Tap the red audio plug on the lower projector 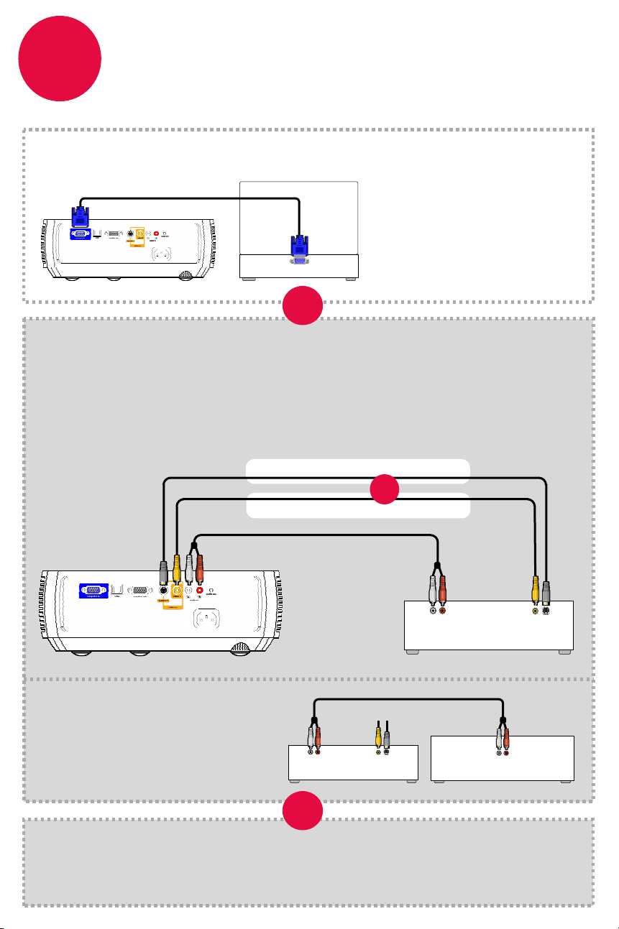(x=200, y=566)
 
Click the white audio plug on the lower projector (x=188, y=566)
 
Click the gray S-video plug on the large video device (x=547, y=589)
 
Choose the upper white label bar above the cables (x=358, y=471)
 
